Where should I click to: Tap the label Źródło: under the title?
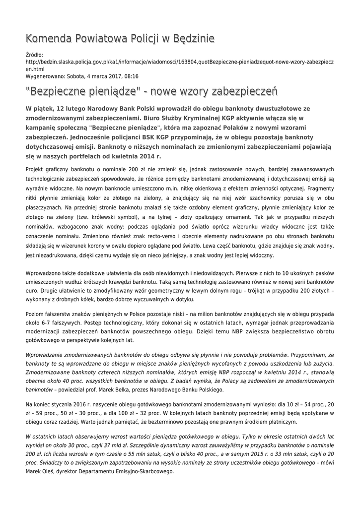click(x=34, y=55)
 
